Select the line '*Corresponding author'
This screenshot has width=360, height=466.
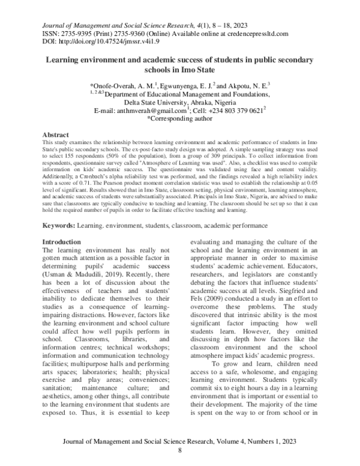tap(180, 120)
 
